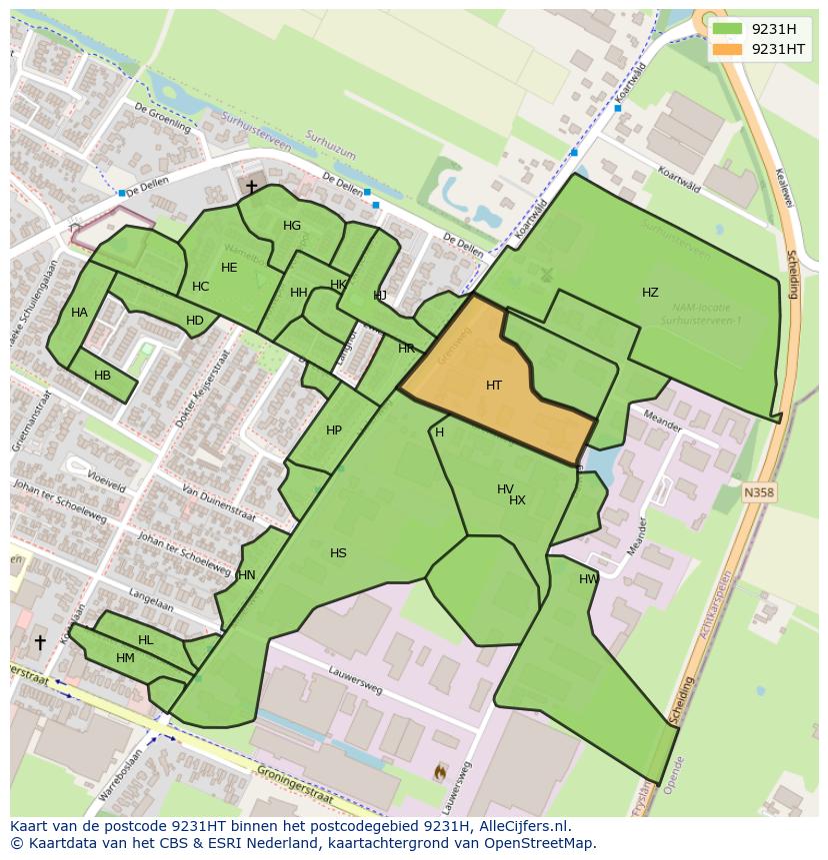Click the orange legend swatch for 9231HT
pos(727,49)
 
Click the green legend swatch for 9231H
pos(727,29)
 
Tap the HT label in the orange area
pos(494,386)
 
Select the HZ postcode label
pos(650,293)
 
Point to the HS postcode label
pos(338,553)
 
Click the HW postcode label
pos(589,579)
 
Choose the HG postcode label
pos(292,226)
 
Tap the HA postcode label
pos(79,313)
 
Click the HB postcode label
pos(102,376)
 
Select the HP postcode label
pos(334,430)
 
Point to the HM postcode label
pos(125,658)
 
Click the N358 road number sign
pos(759,492)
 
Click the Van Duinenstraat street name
pos(218,503)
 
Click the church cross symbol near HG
pos(251,187)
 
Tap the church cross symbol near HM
pos(40,642)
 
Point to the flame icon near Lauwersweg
pos(440,771)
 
